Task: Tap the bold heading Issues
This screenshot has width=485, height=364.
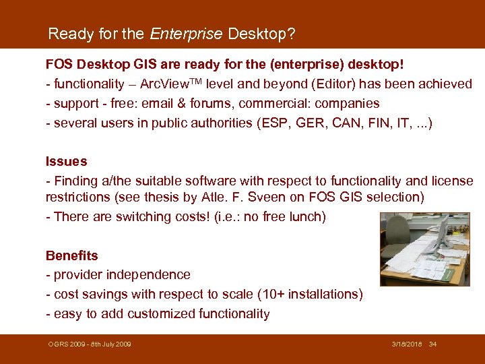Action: (x=66, y=161)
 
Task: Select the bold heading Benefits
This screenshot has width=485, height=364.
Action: (x=71, y=255)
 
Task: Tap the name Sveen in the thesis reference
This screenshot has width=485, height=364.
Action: (x=249, y=198)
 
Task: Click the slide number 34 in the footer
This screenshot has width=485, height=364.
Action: (x=432, y=344)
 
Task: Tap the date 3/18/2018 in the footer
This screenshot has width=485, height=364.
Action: (x=407, y=344)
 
